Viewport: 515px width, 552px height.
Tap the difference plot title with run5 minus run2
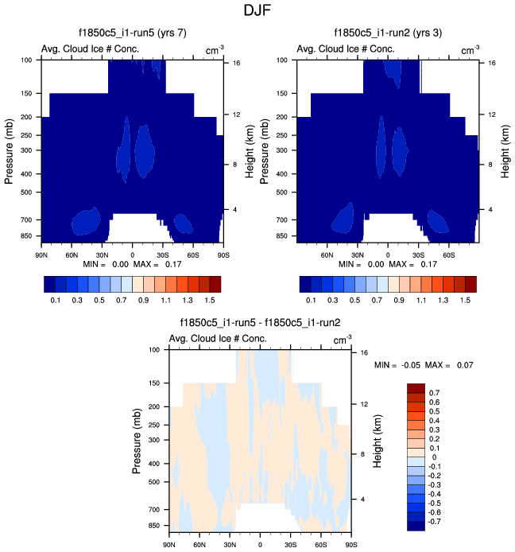click(261, 322)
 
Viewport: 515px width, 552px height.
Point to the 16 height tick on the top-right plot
click(491, 63)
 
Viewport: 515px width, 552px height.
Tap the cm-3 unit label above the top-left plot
click(213, 50)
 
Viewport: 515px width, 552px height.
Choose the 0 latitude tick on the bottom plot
click(260, 545)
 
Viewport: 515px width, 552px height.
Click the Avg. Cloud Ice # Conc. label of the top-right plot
click(346, 49)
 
